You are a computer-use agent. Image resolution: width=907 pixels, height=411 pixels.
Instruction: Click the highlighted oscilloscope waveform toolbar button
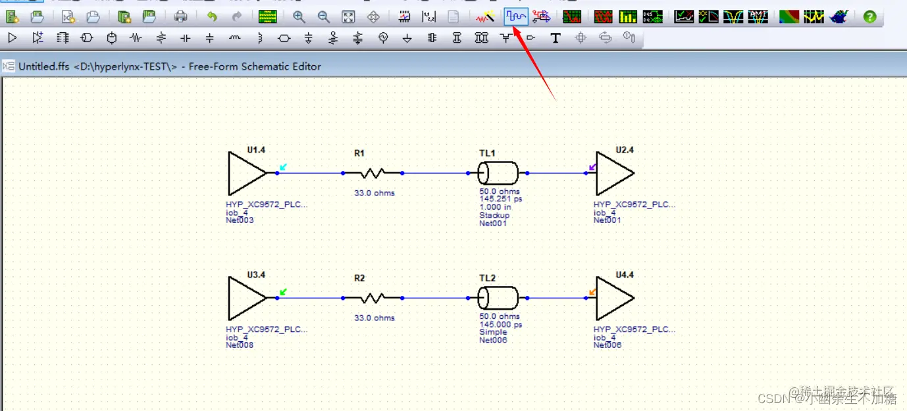click(x=516, y=16)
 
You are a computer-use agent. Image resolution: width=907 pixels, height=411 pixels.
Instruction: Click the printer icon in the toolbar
click(x=180, y=16)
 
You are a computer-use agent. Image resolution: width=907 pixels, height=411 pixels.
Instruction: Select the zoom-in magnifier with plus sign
click(x=299, y=16)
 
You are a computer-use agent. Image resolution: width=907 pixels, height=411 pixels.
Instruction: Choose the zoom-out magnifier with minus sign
click(x=324, y=16)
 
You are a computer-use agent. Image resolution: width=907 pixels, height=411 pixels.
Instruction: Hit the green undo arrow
click(x=212, y=16)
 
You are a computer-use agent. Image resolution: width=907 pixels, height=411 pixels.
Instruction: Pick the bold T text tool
click(x=556, y=38)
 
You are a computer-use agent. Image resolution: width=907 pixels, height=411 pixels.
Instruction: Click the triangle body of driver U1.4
click(x=243, y=173)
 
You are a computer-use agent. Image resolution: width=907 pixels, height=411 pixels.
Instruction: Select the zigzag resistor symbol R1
click(x=373, y=173)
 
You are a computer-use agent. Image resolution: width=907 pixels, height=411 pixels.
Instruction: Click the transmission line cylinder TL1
click(x=498, y=174)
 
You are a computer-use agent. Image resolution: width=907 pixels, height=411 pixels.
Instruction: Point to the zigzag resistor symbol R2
click(x=373, y=298)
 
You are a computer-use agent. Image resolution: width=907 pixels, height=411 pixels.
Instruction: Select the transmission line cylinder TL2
click(x=498, y=298)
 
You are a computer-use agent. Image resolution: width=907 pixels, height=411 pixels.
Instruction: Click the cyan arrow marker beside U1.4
click(x=283, y=167)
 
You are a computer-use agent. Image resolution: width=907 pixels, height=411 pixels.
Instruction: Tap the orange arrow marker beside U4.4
click(x=593, y=291)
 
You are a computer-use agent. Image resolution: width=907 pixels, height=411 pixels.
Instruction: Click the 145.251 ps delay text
click(x=501, y=199)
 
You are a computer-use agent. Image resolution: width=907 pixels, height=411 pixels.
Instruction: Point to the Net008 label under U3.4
click(x=240, y=345)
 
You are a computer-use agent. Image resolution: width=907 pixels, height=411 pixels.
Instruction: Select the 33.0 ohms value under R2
click(x=375, y=318)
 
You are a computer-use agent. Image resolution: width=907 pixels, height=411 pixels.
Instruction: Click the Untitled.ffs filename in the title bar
click(x=43, y=66)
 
